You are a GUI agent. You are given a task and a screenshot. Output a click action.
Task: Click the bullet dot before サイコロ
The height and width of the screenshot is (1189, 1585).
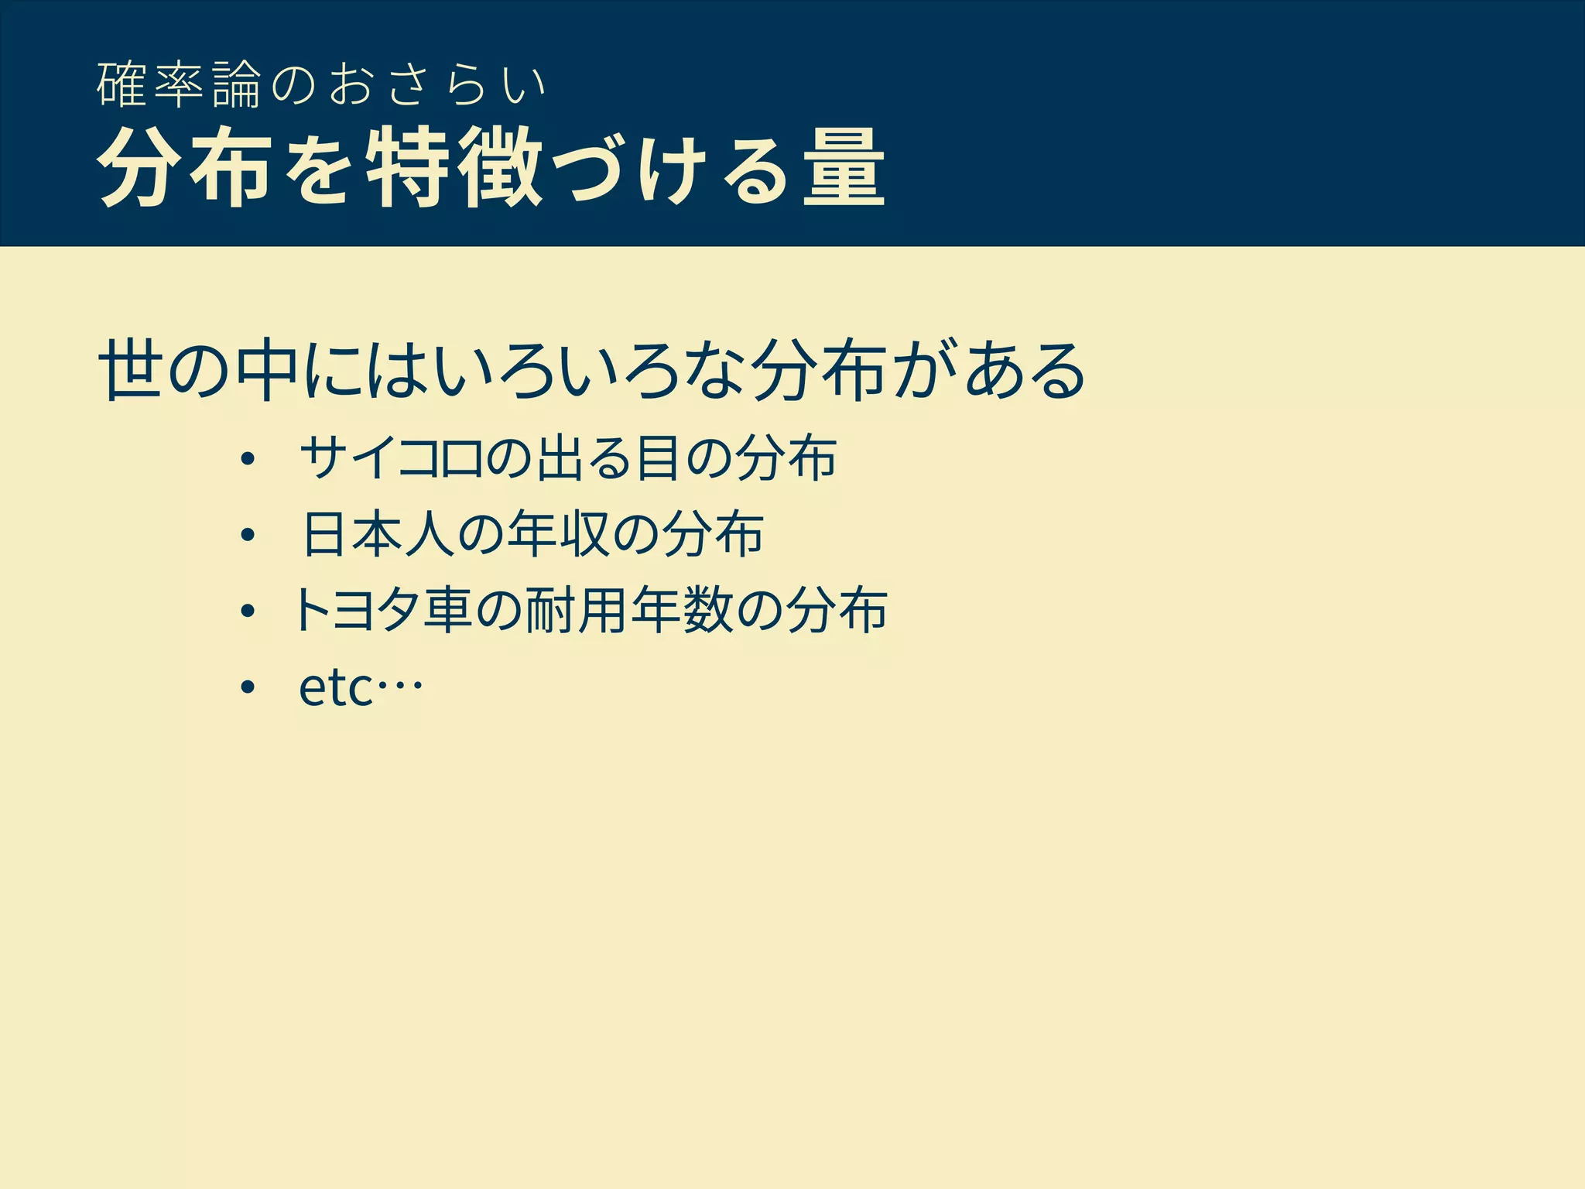coord(247,459)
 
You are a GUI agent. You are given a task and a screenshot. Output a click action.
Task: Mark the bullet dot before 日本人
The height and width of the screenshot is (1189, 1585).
coord(247,535)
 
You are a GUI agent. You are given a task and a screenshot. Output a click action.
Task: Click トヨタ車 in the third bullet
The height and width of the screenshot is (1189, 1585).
coord(382,610)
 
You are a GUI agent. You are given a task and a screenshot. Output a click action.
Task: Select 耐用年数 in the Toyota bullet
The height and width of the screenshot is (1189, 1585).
coord(628,610)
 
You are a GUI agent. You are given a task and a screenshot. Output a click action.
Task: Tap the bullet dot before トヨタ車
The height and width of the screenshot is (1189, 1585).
coord(247,612)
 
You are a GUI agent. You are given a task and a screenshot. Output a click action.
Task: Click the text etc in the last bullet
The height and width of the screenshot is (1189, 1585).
coord(336,687)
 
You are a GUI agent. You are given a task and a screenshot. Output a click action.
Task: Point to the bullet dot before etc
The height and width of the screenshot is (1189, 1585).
coord(247,687)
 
